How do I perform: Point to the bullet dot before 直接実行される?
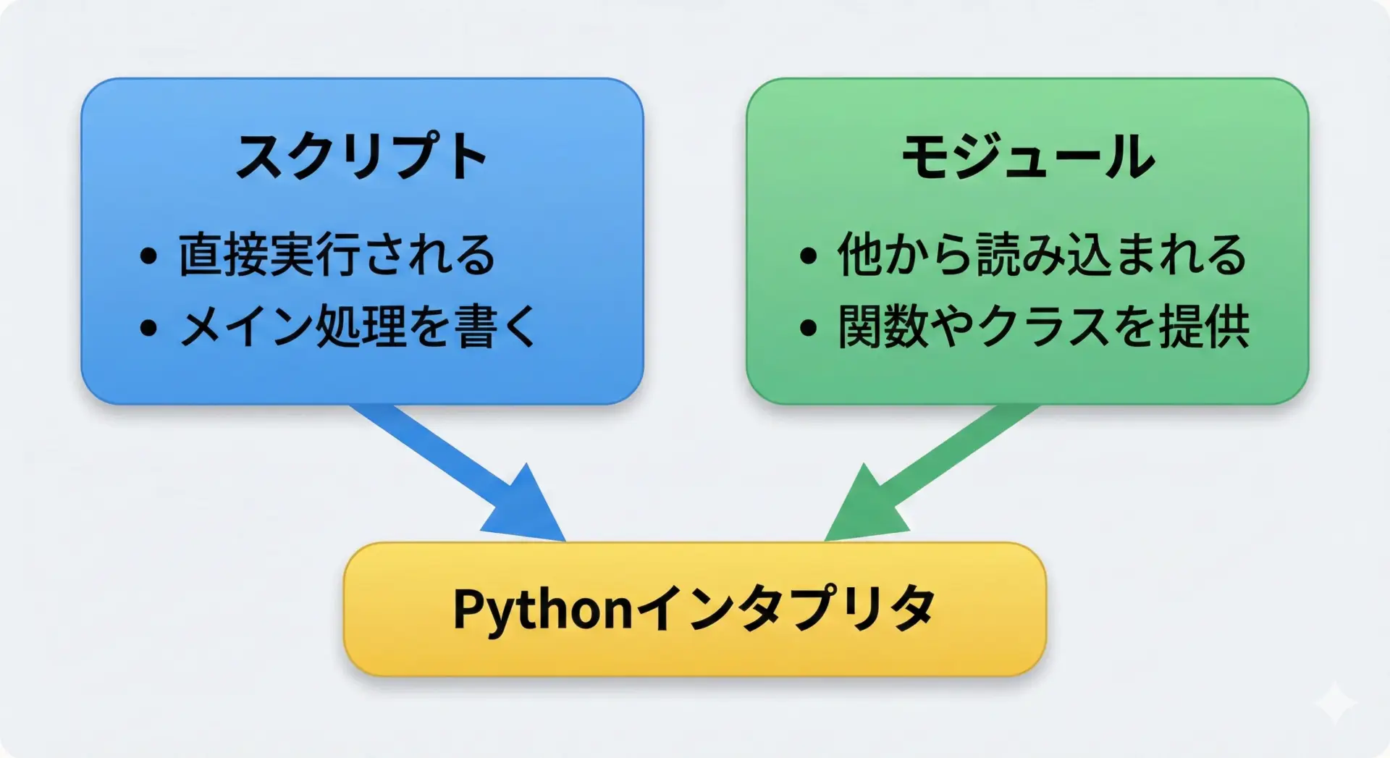148,256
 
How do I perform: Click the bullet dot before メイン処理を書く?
148,328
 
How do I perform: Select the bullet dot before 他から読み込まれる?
808,256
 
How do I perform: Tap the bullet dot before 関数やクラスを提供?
808,328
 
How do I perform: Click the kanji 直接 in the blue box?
223,255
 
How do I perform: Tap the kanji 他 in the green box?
861,255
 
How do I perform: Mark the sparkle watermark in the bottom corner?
1336,702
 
